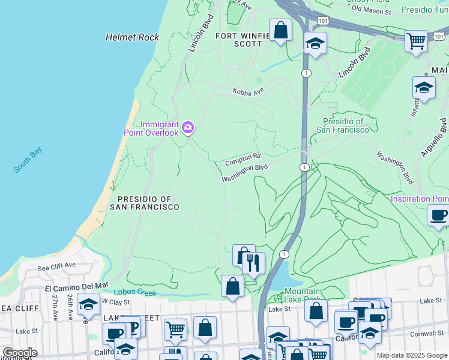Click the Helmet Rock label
pyautogui.click(x=132, y=37)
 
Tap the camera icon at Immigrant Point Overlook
pyautogui.click(x=188, y=127)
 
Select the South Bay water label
pyautogui.click(x=28, y=161)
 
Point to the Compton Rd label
pyautogui.click(x=243, y=160)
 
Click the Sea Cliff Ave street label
pyautogui.click(x=56, y=265)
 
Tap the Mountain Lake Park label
pyautogui.click(x=303, y=295)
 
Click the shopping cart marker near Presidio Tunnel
pyautogui.click(x=416, y=41)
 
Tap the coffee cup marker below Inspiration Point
pyautogui.click(x=439, y=214)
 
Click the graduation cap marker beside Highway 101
pyautogui.click(x=315, y=43)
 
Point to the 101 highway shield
pyautogui.click(x=324, y=20)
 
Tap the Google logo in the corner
pyautogui.click(x=20, y=353)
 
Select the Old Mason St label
pyautogui.click(x=371, y=10)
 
